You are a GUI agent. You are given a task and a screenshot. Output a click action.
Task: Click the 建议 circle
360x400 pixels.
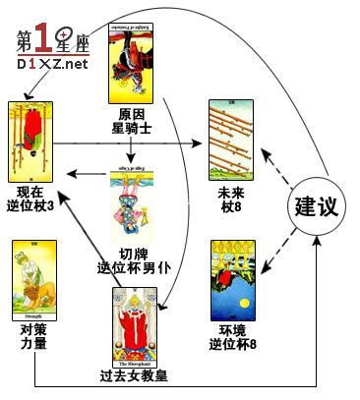tap(318, 206)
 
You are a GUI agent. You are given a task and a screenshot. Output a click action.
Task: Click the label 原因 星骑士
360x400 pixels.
tap(131, 122)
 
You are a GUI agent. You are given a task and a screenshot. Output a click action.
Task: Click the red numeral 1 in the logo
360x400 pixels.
tap(41, 36)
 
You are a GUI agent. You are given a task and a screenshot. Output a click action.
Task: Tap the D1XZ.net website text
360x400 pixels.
tap(52, 64)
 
